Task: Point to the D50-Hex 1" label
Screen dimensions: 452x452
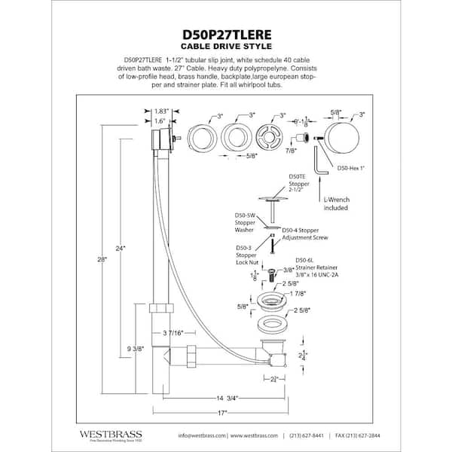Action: pos(351,169)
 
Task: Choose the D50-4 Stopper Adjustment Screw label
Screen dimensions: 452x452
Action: pos(306,234)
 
